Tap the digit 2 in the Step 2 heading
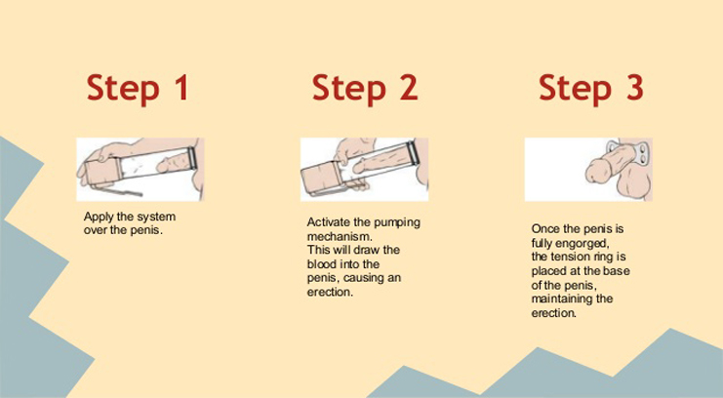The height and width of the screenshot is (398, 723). [x=409, y=87]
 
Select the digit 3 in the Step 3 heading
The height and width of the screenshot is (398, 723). [x=634, y=87]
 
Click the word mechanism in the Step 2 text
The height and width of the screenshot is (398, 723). [x=340, y=237]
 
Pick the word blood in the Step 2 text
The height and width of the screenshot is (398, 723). [x=320, y=264]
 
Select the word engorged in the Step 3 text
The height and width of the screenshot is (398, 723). [x=585, y=244]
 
